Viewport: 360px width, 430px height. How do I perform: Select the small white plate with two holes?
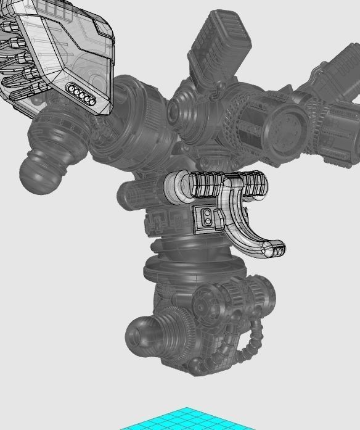coord(209,218)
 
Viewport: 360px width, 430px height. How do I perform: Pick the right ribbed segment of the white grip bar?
coord(254,183)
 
